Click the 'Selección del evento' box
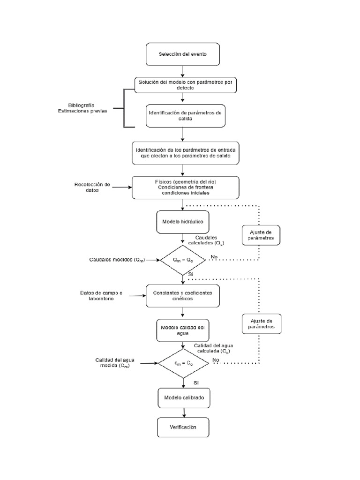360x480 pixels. pyautogui.click(x=182, y=54)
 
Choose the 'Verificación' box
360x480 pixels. pyautogui.click(x=182, y=427)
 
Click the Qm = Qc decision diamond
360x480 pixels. pyautogui.click(x=183, y=259)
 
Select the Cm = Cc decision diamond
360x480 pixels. pyautogui.click(x=182, y=363)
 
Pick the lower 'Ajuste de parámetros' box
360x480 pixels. pyautogui.click(x=261, y=324)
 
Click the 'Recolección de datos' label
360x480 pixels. pyautogui.click(x=92, y=187)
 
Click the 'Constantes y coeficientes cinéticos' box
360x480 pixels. pyautogui.click(x=182, y=296)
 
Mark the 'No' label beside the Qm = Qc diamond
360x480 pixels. pyautogui.click(x=214, y=256)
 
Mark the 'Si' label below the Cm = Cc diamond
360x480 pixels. pyautogui.click(x=196, y=382)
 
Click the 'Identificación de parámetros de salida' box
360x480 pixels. pyautogui.click(x=182, y=115)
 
